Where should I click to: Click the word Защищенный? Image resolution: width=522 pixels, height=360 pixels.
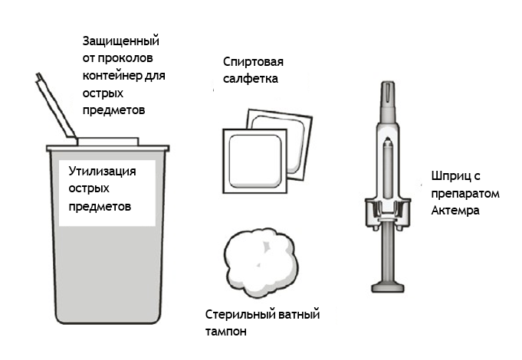pyautogui.click(x=121, y=41)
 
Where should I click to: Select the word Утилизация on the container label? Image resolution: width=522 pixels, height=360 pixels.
pyautogui.click(x=102, y=172)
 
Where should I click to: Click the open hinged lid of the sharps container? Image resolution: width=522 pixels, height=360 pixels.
pyautogui.click(x=56, y=105)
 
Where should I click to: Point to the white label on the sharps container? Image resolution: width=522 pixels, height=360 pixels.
pyautogui.click(x=107, y=193)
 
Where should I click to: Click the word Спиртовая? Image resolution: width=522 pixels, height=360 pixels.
pyautogui.click(x=253, y=62)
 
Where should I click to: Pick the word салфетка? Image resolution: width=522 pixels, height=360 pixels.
pyautogui.click(x=251, y=79)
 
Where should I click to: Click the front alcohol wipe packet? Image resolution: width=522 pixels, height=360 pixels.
pyautogui.click(x=255, y=161)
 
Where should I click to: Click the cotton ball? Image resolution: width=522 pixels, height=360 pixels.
pyautogui.click(x=261, y=263)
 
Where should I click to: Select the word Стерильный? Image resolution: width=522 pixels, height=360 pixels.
pyautogui.click(x=240, y=315)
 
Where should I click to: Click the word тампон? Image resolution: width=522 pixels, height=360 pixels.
pyautogui.click(x=225, y=332)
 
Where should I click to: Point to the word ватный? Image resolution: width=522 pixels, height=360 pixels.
pyautogui.click(x=299, y=315)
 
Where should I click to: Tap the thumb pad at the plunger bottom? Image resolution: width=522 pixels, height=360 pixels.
pyautogui.click(x=388, y=287)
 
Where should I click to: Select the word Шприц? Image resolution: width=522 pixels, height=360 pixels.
pyautogui.click(x=451, y=176)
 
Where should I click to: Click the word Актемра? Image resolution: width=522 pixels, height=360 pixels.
pyautogui.click(x=455, y=211)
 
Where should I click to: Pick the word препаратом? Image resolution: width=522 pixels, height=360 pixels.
pyautogui.click(x=465, y=194)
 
